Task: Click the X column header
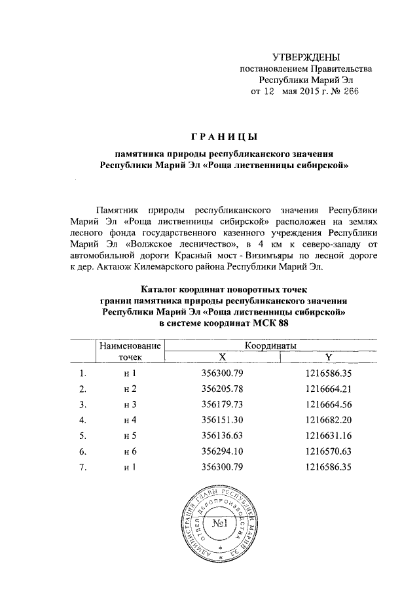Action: tap(223, 357)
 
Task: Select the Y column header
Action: tap(328, 357)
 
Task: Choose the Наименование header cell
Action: tap(129, 345)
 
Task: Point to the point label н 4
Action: tap(130, 420)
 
